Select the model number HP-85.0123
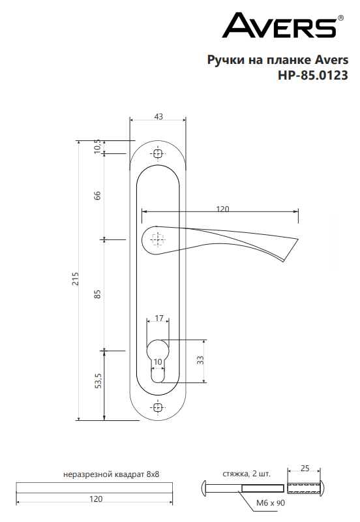313,75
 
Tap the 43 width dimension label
158,117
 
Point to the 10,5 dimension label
97,146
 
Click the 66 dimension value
97,195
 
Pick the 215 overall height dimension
76,279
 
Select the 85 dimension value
97,294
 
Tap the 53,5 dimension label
98,381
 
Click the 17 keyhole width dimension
159,318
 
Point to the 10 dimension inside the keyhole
158,362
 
